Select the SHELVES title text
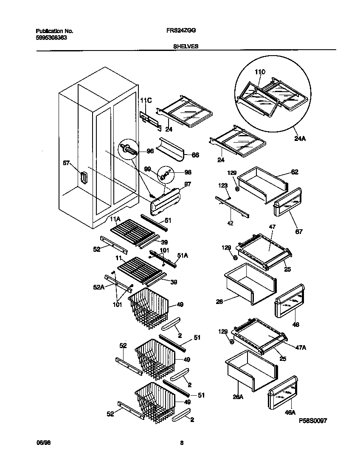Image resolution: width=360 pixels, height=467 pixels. click(186, 46)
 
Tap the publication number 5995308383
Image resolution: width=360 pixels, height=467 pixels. click(51, 37)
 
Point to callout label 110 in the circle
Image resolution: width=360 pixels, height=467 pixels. click(260, 73)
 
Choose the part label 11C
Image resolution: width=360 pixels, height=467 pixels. click(146, 100)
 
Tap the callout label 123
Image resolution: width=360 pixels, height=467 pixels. click(223, 185)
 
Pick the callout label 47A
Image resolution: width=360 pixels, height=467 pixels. click(301, 347)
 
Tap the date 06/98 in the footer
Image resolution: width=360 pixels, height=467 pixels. click(42, 443)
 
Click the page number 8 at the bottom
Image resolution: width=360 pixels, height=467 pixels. click(182, 443)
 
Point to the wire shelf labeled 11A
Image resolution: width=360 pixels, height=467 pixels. click(132, 233)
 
